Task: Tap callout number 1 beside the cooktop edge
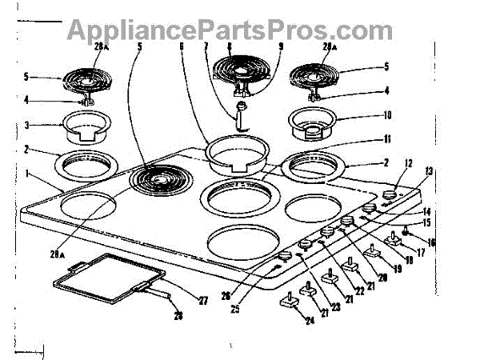[28, 172]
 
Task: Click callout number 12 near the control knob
[409, 164]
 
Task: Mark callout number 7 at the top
[207, 46]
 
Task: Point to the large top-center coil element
[240, 81]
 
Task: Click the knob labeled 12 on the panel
[390, 194]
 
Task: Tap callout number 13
[429, 172]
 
